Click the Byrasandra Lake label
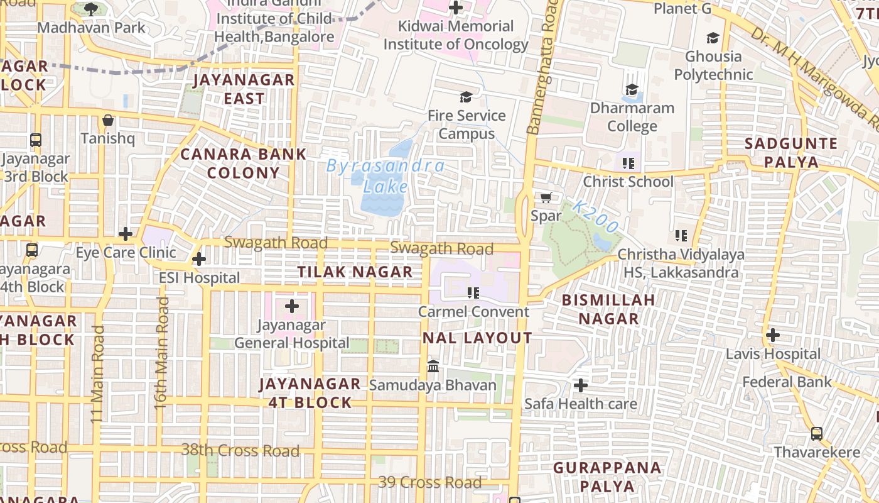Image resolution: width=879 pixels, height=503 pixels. pos(386,177)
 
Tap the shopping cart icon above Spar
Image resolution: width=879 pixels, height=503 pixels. pos(546,198)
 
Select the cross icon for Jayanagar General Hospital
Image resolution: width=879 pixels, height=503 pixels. pos(292,307)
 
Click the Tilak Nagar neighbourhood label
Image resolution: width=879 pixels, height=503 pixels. pos(355,272)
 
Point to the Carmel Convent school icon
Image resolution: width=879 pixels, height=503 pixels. pos(473,293)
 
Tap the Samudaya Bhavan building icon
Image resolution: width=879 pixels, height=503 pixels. pos(433,366)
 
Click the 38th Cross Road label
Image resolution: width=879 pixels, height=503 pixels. pos(240,451)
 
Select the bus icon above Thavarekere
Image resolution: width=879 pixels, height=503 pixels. pos(816,433)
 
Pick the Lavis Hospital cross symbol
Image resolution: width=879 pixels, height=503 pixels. pos(773,335)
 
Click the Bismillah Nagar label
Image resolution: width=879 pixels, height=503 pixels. pos(608,309)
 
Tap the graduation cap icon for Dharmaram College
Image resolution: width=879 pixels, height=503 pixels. pos(632,90)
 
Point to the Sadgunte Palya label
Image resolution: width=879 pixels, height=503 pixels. pos(790,153)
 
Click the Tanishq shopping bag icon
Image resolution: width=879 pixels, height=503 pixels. pos(108,120)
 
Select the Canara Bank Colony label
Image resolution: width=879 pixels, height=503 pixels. pos(244,163)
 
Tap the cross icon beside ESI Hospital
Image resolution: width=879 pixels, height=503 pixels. pos(199,259)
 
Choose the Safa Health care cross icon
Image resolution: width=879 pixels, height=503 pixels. pos(581,385)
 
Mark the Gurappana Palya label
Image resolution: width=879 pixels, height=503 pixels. pos(607,477)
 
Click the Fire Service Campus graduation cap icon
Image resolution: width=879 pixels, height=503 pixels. pos(466,97)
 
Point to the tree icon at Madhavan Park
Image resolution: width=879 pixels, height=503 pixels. pos(91,9)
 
